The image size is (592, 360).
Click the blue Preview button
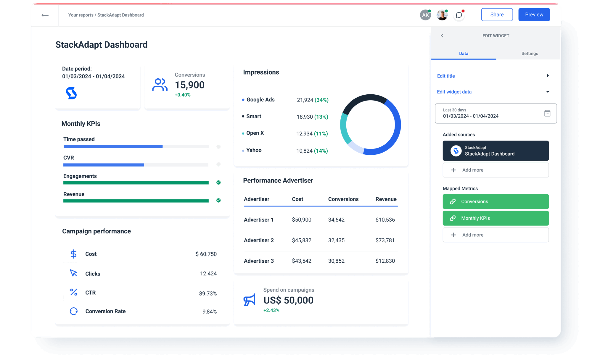(x=534, y=14)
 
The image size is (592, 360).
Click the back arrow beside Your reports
(x=45, y=15)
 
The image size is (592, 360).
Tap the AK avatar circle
(x=425, y=15)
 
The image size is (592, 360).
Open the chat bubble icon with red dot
(x=459, y=15)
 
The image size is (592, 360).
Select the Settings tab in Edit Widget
(x=530, y=54)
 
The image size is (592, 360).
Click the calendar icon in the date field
(x=547, y=113)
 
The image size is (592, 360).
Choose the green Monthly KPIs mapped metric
(x=496, y=218)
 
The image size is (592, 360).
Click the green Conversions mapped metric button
(x=496, y=202)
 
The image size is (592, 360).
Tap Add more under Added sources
(x=496, y=170)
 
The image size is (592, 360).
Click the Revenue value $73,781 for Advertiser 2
(x=385, y=240)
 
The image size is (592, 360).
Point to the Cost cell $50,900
(x=301, y=220)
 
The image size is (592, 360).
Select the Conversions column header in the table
(x=343, y=199)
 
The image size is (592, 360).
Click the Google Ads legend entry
(x=260, y=100)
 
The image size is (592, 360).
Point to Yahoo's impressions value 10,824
(x=304, y=151)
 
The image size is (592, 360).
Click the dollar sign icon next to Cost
(x=74, y=254)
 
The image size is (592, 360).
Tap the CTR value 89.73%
(x=208, y=293)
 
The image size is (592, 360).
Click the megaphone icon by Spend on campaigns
(x=249, y=300)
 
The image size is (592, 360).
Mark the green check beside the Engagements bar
(x=218, y=183)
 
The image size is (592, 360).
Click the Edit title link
(x=446, y=76)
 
